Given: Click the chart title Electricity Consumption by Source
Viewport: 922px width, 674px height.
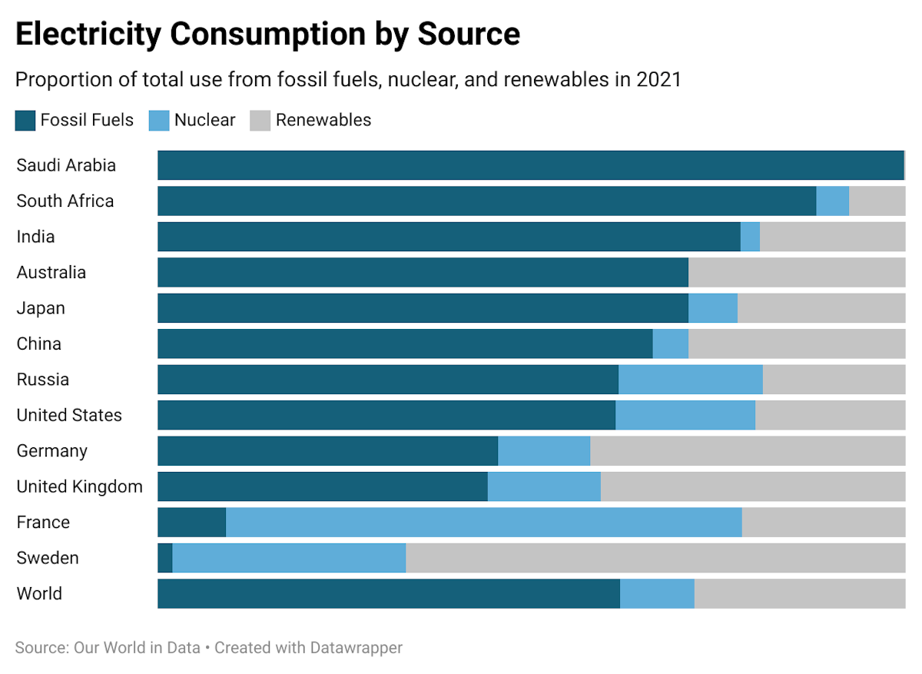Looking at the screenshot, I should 267,35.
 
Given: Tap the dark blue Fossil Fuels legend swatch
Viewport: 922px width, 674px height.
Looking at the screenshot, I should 25,121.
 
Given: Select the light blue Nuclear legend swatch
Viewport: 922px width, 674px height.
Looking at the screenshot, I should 159,121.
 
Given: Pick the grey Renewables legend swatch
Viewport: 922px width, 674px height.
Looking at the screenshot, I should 260,121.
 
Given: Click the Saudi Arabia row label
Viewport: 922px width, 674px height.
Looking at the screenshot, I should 66,165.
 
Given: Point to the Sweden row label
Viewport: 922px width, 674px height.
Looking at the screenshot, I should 48,558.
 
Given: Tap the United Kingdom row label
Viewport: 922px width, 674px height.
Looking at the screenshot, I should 79,486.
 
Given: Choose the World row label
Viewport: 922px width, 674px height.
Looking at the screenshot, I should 39,593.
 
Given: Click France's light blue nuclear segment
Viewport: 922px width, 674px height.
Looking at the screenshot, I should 484,523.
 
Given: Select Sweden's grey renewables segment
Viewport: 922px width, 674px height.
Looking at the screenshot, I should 655,558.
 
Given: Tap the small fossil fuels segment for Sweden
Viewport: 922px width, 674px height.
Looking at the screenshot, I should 165,558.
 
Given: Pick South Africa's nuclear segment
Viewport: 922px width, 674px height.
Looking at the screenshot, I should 832,201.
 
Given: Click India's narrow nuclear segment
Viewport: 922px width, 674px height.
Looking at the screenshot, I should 750,237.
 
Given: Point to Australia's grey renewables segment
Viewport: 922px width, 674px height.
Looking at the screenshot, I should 797,273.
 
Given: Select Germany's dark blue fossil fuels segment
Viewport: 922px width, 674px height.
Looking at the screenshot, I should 328,451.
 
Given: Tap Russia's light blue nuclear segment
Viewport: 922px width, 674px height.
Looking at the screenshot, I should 691,380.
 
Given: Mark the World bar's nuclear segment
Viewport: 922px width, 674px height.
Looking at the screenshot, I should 657,594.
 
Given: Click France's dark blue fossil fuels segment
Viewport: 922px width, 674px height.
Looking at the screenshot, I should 192,523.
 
